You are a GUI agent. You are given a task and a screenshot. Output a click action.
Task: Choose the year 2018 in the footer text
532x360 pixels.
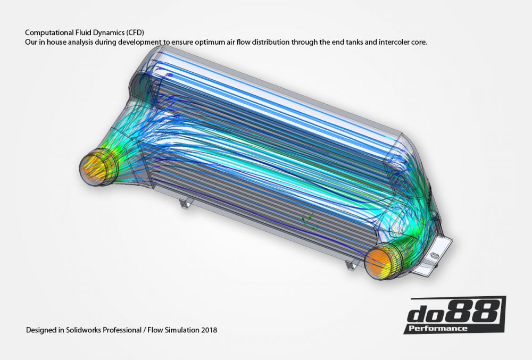(209, 330)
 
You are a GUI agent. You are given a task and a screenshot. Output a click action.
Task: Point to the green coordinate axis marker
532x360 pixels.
(305, 219)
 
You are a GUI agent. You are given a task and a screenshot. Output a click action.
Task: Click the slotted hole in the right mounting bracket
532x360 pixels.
(435, 257)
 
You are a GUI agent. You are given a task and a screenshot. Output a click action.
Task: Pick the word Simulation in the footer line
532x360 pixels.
(180, 330)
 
